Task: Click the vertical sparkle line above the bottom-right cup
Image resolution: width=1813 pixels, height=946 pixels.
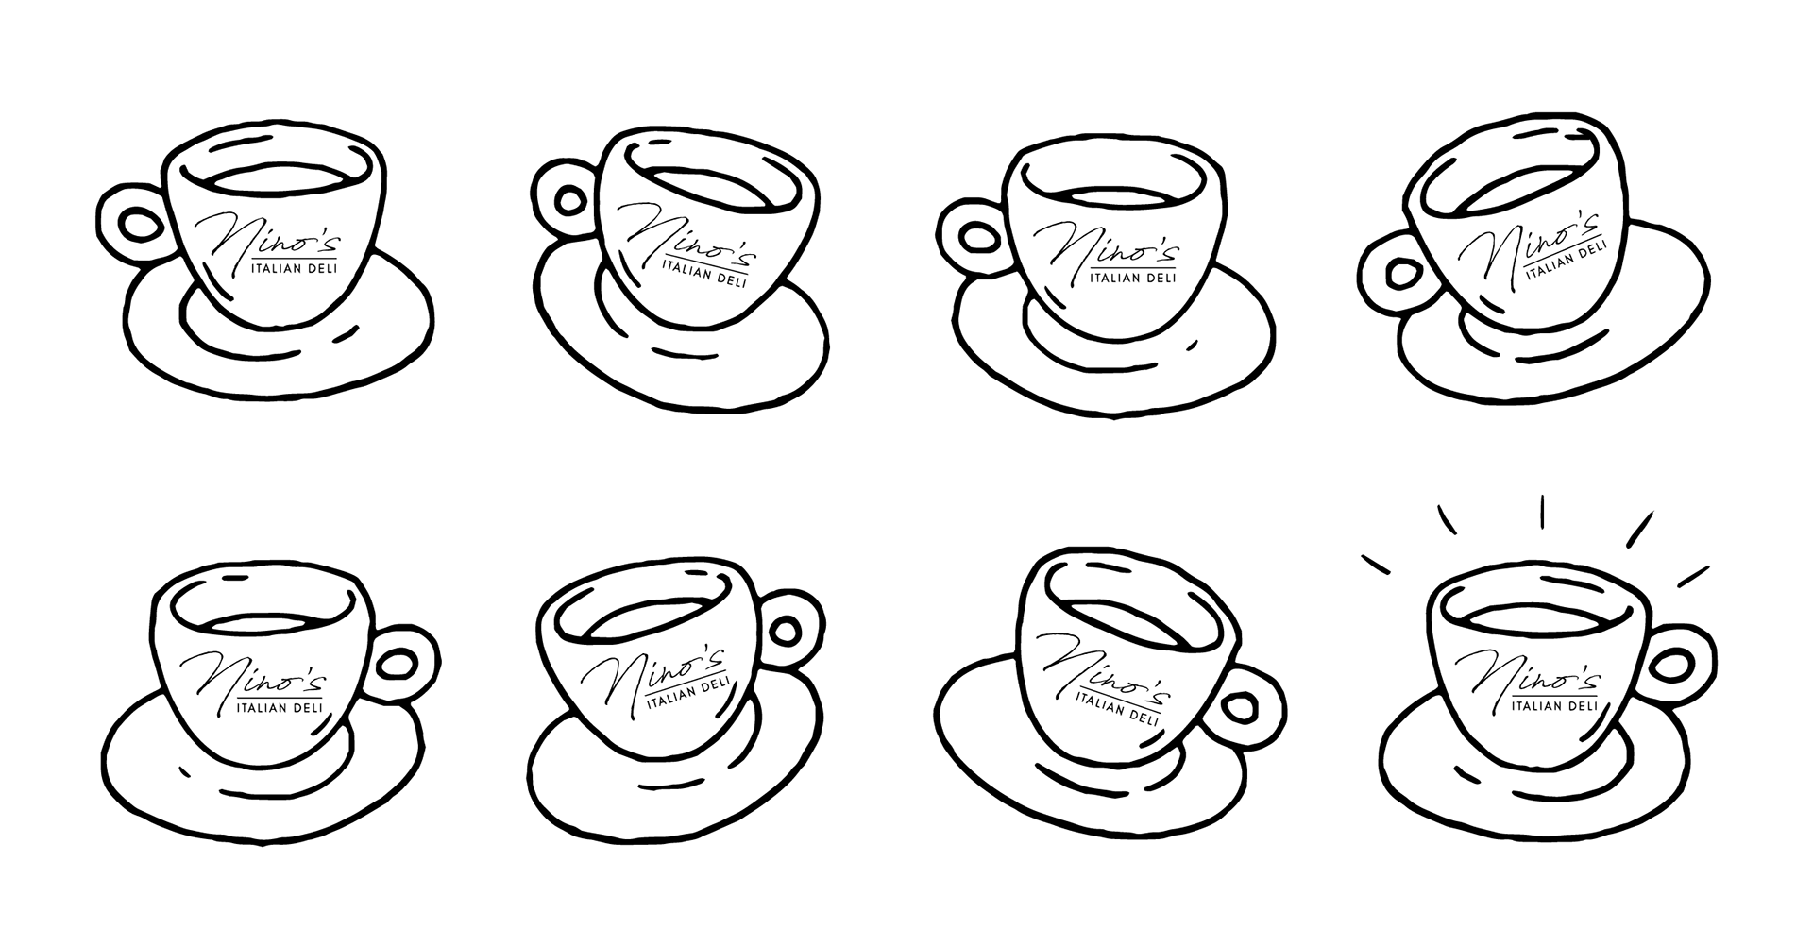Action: [1541, 511]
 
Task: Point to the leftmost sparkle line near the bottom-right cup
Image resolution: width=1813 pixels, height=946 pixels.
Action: [1377, 564]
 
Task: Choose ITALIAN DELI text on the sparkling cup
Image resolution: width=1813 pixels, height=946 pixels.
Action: [1554, 705]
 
